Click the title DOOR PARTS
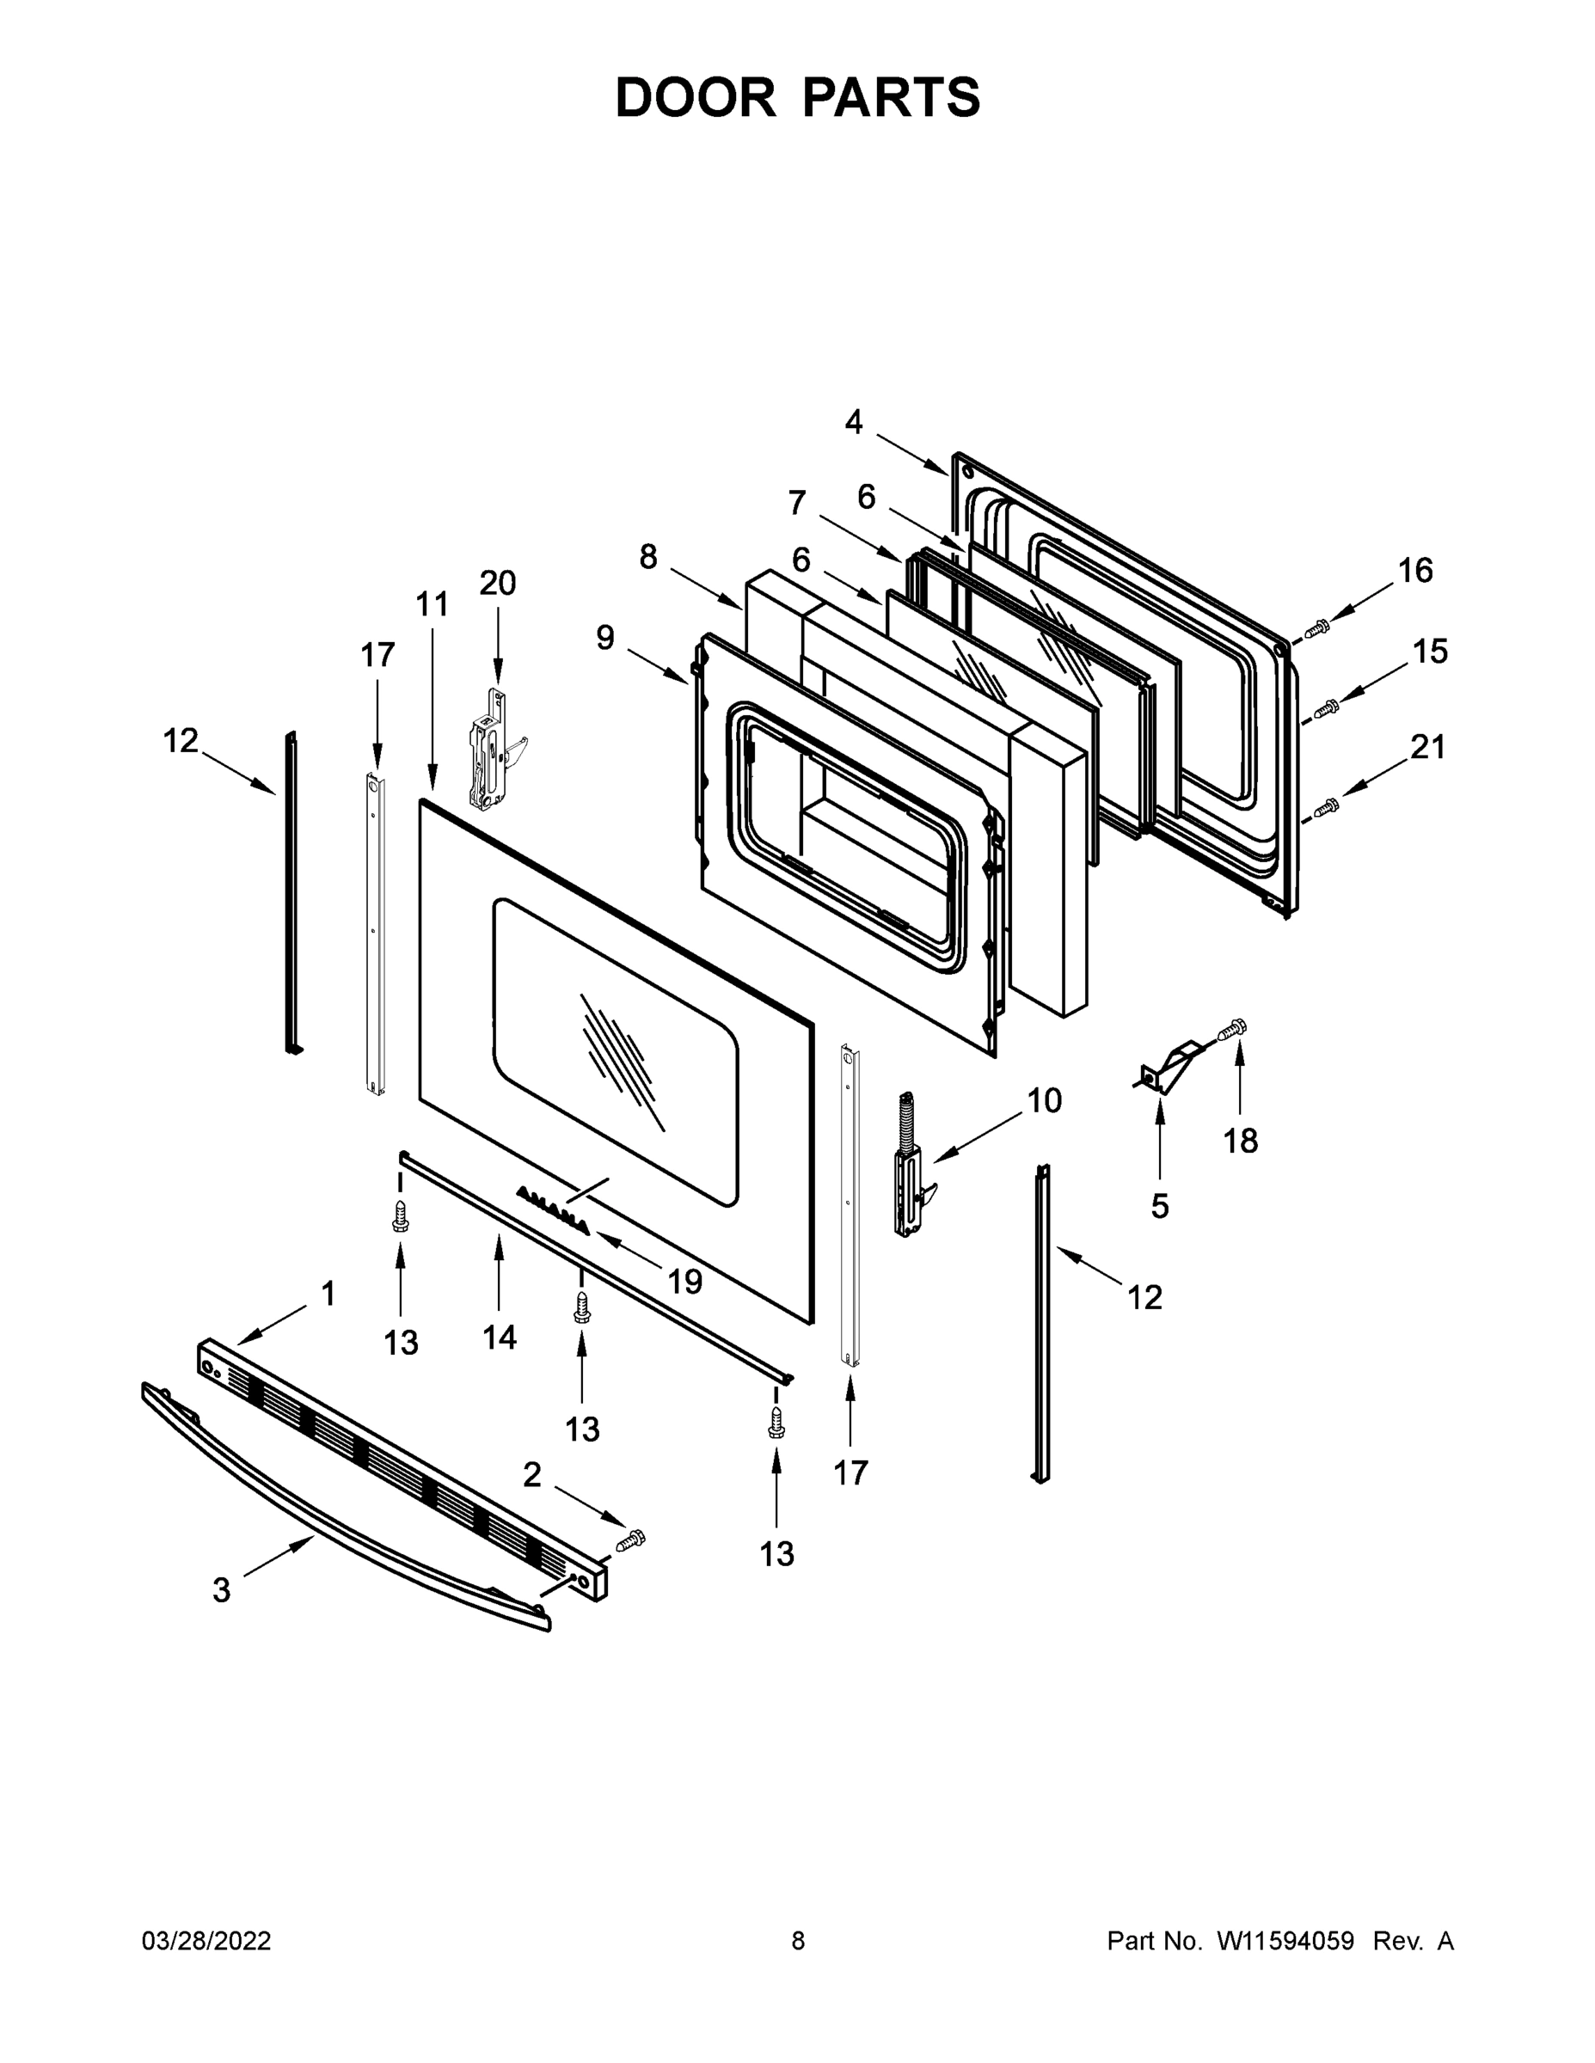pos(798,97)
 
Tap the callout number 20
pos(497,584)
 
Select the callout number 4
pos(853,422)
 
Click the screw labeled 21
pos(1327,806)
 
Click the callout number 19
pos(685,1281)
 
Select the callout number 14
pos(499,1337)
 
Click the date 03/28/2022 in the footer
pos(206,1941)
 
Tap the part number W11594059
pos(1285,1941)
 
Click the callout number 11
pos(432,603)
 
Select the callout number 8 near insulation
pos(647,557)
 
